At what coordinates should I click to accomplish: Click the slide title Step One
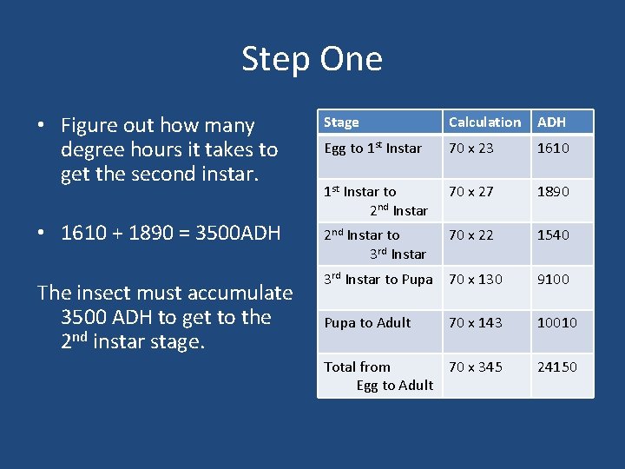tap(312, 59)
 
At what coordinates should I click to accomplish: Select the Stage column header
tap(341, 122)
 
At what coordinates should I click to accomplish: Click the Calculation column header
tap(484, 122)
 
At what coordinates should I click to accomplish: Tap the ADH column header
tap(551, 122)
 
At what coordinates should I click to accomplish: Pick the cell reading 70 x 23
tap(470, 149)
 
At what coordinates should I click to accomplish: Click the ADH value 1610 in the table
tap(553, 149)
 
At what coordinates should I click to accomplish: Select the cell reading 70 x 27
tap(470, 192)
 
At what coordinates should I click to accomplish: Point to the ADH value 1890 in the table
tap(553, 192)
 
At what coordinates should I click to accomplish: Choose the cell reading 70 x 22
tap(470, 235)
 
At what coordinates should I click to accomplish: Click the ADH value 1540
tap(553, 235)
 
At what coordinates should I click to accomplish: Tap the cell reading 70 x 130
tap(475, 279)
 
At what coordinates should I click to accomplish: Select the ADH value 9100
tap(553, 279)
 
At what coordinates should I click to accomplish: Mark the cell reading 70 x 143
tap(475, 322)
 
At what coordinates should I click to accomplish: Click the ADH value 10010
tap(556, 322)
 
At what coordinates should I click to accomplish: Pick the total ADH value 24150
tap(556, 367)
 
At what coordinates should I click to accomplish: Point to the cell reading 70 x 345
tap(475, 367)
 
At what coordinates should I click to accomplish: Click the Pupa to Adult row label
tap(367, 322)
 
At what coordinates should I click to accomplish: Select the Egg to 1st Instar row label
tap(372, 149)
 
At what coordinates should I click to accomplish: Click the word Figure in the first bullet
tap(89, 126)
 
